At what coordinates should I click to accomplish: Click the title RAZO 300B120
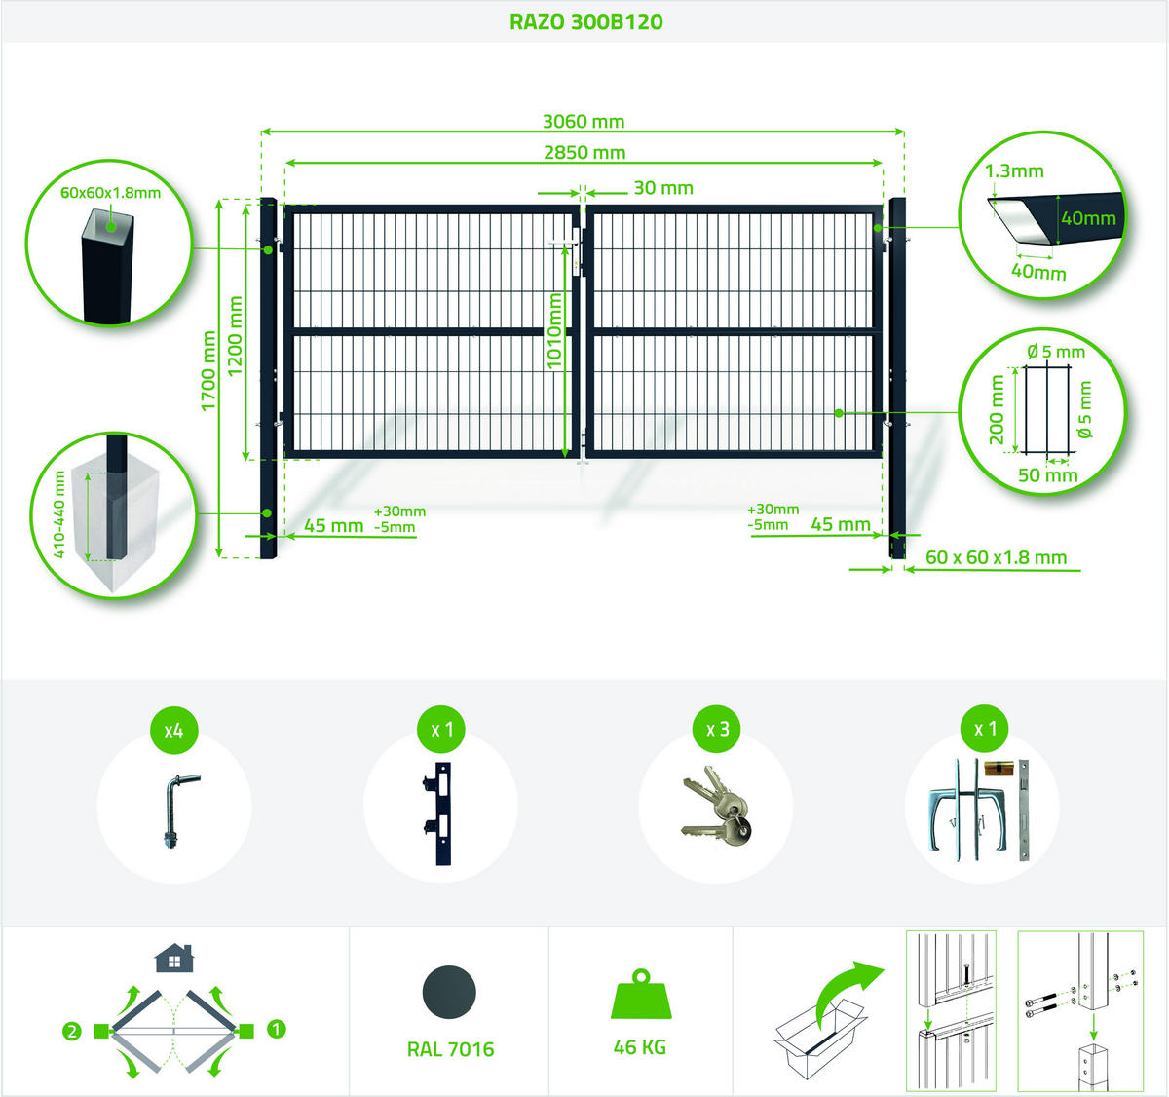[x=585, y=21]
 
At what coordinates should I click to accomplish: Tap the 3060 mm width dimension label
[x=584, y=122]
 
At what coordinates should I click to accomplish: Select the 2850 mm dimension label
[x=584, y=153]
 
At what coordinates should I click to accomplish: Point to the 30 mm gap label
[x=663, y=188]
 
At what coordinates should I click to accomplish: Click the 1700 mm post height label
[x=208, y=371]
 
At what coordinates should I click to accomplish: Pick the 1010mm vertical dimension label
[x=554, y=331]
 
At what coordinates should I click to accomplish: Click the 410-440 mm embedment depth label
[x=58, y=514]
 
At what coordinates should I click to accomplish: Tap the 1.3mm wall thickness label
[x=1014, y=170]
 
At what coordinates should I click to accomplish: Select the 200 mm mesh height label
[x=997, y=409]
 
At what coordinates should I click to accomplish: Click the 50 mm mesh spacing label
[x=1048, y=475]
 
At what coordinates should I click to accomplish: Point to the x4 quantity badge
[x=174, y=730]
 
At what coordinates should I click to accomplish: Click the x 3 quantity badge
[x=718, y=729]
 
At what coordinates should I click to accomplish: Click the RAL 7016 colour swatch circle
[x=449, y=992]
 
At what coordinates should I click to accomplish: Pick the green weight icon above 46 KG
[x=641, y=994]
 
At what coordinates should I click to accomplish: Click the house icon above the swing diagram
[x=174, y=959]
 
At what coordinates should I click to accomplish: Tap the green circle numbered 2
[x=72, y=1031]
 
